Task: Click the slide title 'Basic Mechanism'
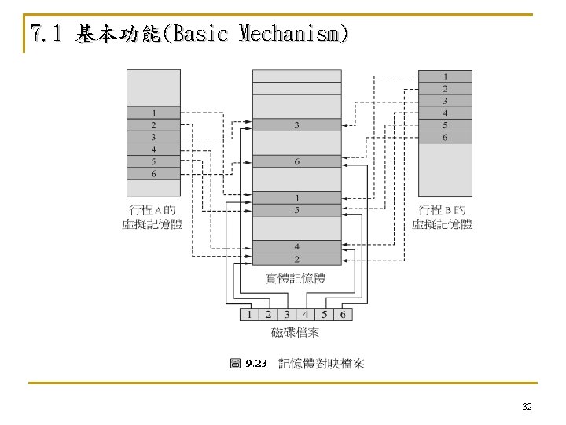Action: [189, 34]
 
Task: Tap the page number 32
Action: [527, 406]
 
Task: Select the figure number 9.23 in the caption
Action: [255, 364]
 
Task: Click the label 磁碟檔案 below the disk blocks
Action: [296, 332]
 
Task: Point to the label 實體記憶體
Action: [296, 279]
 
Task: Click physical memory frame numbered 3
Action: [296, 125]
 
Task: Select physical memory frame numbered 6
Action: [296, 161]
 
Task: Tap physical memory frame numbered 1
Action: [296, 198]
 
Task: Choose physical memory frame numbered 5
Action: [296, 210]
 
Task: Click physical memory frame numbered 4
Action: [296, 246]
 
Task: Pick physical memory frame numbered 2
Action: [296, 259]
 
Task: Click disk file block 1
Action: [249, 315]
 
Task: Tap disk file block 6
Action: [343, 315]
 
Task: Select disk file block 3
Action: [287, 315]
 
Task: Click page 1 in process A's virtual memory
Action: [153, 113]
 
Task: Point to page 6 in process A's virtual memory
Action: [153, 174]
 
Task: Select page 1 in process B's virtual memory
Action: [445, 76]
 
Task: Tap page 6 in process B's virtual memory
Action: [445, 138]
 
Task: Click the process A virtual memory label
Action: [153, 217]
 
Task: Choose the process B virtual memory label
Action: [443, 217]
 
